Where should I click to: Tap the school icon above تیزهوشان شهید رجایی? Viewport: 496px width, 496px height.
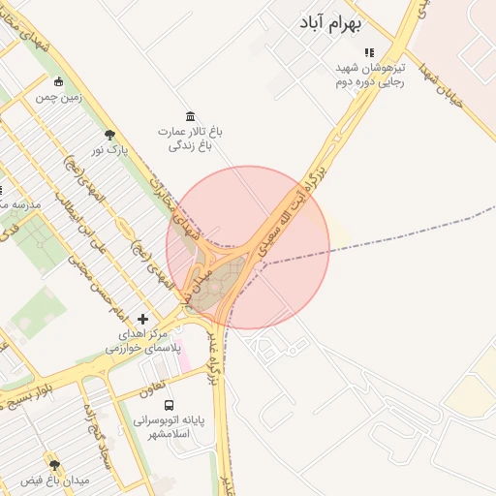pos(368,52)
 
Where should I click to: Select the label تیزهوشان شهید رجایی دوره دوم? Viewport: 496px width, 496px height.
pos(368,76)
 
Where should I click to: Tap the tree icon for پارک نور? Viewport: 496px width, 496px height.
pos(108,135)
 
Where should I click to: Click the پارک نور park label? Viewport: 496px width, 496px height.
pos(108,150)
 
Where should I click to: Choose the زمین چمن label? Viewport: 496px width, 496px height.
pos(59,97)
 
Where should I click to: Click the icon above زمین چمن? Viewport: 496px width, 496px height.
pos(59,81)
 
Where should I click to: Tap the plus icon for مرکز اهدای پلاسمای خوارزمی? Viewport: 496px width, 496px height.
pos(143,319)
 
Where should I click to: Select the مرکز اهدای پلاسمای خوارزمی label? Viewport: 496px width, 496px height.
pos(142,340)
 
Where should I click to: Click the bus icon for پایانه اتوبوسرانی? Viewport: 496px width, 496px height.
pos(170,406)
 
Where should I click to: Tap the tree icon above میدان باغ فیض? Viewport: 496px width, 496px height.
pos(54,465)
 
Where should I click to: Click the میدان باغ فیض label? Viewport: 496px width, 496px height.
pos(54,480)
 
